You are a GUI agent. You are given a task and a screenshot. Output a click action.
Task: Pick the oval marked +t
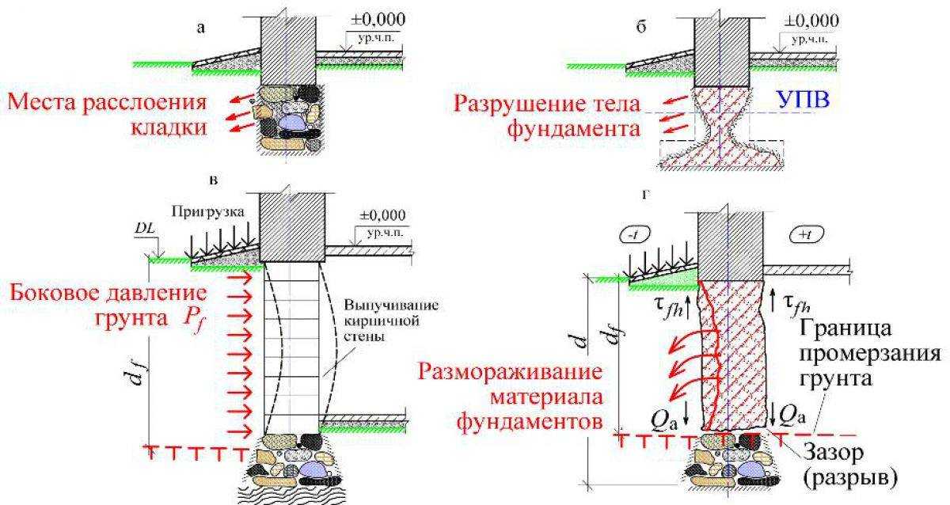point(806,234)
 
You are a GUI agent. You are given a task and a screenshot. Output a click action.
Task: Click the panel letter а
point(200,28)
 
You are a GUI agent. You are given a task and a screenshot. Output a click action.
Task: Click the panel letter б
point(641,28)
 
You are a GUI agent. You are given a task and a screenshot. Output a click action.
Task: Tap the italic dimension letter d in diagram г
point(580,342)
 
